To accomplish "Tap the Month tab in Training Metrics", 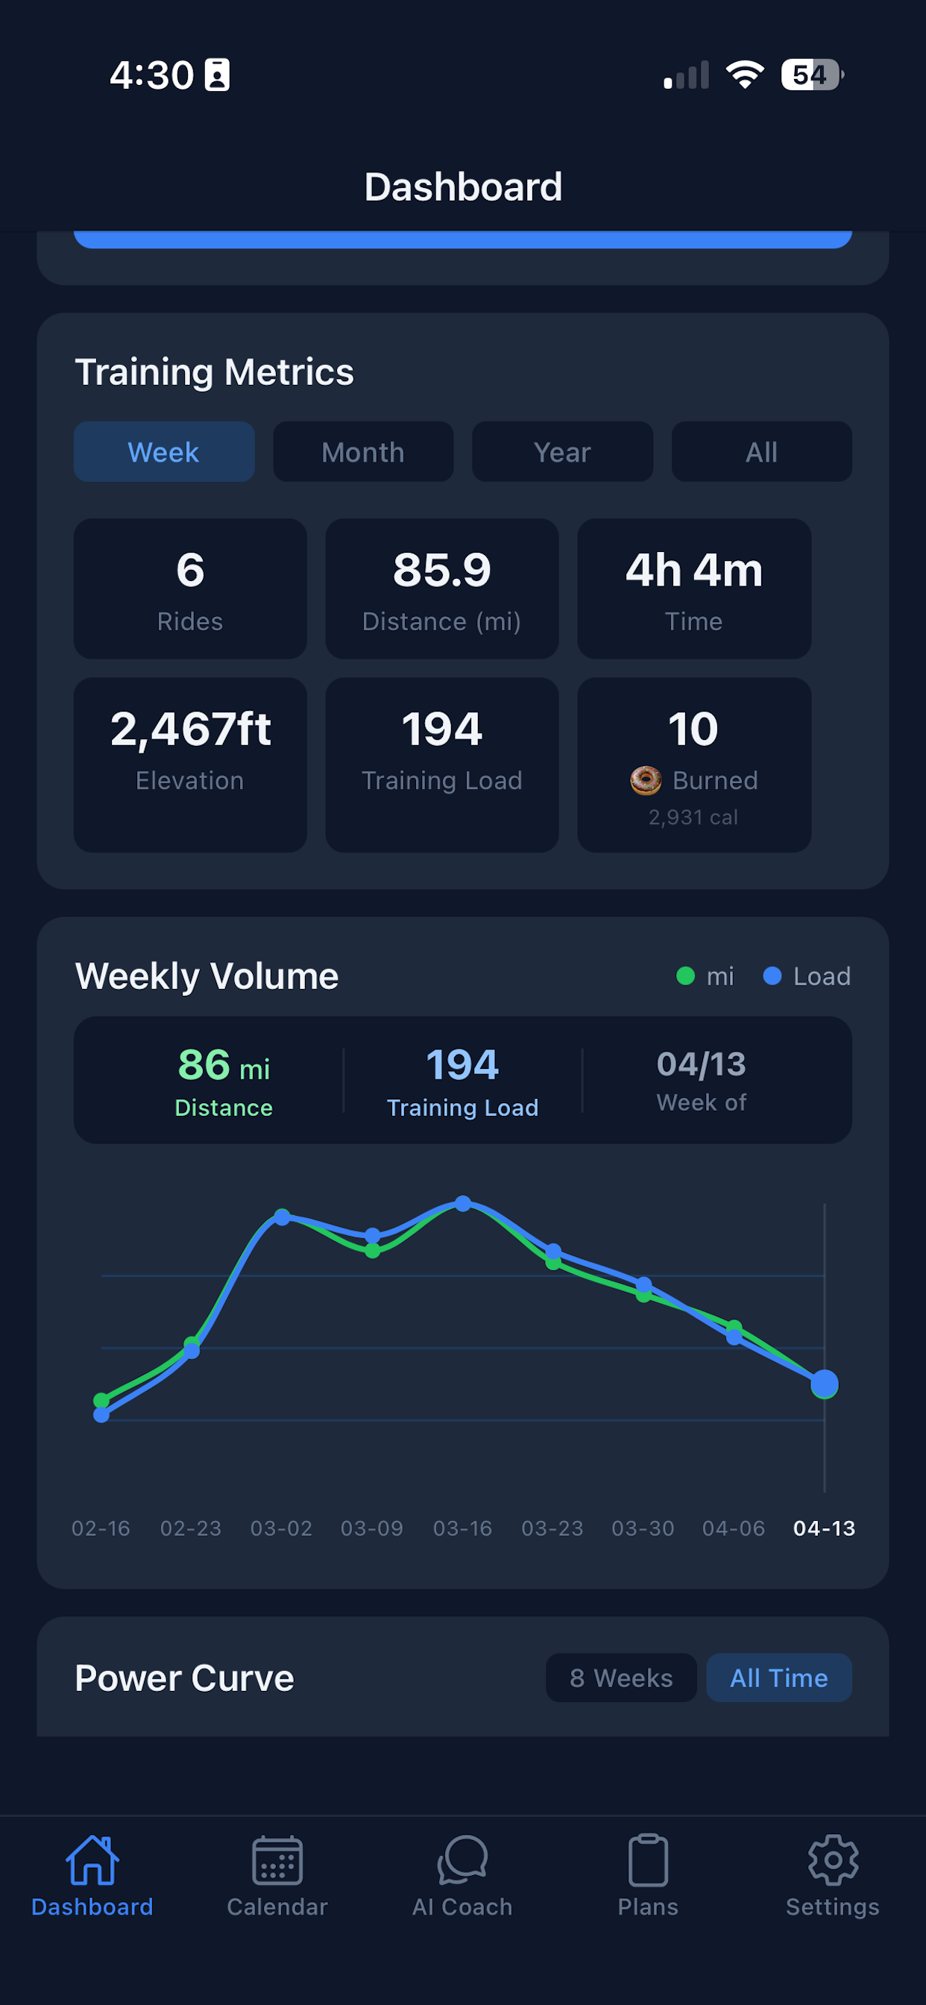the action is coord(363,451).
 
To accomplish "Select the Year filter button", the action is coord(563,451).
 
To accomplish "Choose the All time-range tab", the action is coord(762,451).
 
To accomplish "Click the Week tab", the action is coord(164,451).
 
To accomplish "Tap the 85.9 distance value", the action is coord(442,570).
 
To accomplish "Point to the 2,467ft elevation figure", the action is coord(191,729).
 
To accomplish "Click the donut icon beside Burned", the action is coord(646,780).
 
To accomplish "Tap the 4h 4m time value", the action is coord(694,570).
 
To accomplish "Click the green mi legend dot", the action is coord(685,976).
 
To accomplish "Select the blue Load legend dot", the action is coord(772,976).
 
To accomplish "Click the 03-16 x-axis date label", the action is coord(462,1528).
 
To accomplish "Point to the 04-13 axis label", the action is coord(824,1528).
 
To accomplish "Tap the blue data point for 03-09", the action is coord(373,1235).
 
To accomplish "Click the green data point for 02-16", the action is coord(101,1400).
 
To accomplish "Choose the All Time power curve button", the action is coord(779,1678).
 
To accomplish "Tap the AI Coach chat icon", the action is coord(462,1860).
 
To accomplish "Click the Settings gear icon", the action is coord(833,1860).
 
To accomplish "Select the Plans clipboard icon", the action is coord(648,1860).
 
